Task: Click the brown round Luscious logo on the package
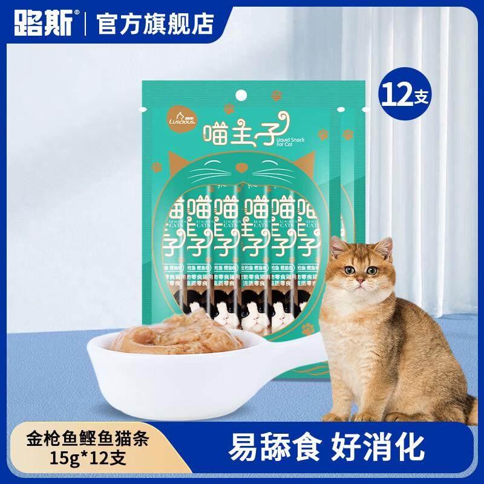click(x=180, y=114)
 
